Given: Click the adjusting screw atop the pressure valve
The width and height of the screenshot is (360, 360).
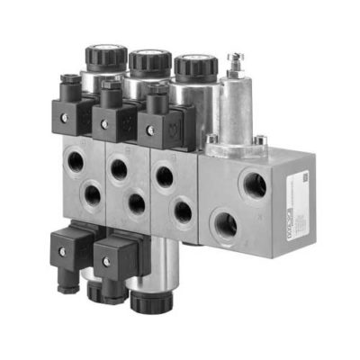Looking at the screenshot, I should pos(236,63).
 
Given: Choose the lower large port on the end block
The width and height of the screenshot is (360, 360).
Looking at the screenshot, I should pos(224,222).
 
